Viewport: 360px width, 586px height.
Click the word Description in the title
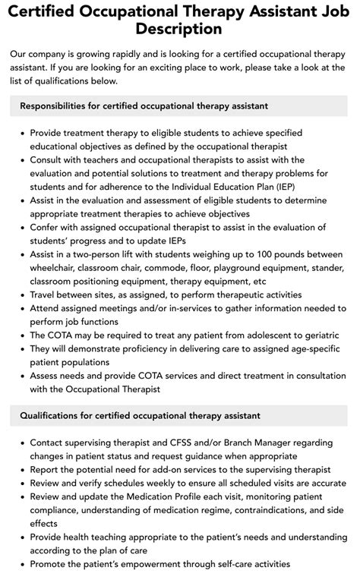click(x=180, y=29)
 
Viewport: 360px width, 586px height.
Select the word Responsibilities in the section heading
click(x=58, y=106)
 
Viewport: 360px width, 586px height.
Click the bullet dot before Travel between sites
click(x=23, y=295)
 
